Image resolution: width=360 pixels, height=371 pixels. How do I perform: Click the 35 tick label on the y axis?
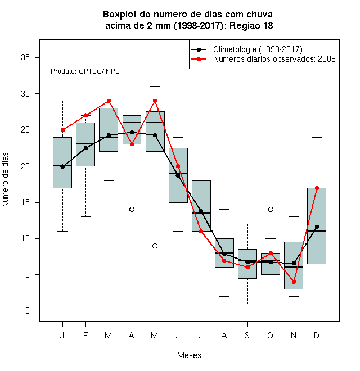25,57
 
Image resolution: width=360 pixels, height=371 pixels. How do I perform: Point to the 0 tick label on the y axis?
28,311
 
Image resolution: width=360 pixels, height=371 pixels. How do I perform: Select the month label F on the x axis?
85,335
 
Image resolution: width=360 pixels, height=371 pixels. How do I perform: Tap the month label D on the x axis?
317,335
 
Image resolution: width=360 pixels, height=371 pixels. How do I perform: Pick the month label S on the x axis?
247,335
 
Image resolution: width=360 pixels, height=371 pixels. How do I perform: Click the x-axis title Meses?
189,355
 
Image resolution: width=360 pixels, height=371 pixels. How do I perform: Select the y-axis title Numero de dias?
5,180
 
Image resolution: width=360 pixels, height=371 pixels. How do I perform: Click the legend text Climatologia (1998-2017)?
258,49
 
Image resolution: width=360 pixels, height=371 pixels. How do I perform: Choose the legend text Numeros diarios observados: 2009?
274,59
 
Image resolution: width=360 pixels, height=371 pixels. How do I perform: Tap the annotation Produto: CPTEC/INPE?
85,71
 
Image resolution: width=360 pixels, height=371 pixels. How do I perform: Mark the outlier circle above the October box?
271,210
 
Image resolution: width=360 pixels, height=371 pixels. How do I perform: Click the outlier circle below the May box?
155,246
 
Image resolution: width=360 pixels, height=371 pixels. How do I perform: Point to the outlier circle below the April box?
132,210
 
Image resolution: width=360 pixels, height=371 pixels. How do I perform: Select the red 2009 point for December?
317,188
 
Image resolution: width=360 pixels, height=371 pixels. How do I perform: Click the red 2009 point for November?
294,282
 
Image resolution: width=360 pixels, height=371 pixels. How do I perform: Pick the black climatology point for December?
317,227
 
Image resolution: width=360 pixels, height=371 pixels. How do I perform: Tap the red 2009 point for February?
85,115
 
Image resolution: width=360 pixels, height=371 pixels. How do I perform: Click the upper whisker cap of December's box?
317,137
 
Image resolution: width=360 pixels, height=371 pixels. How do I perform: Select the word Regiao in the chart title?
245,25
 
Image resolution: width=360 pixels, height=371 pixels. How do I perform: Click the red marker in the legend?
199,59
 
